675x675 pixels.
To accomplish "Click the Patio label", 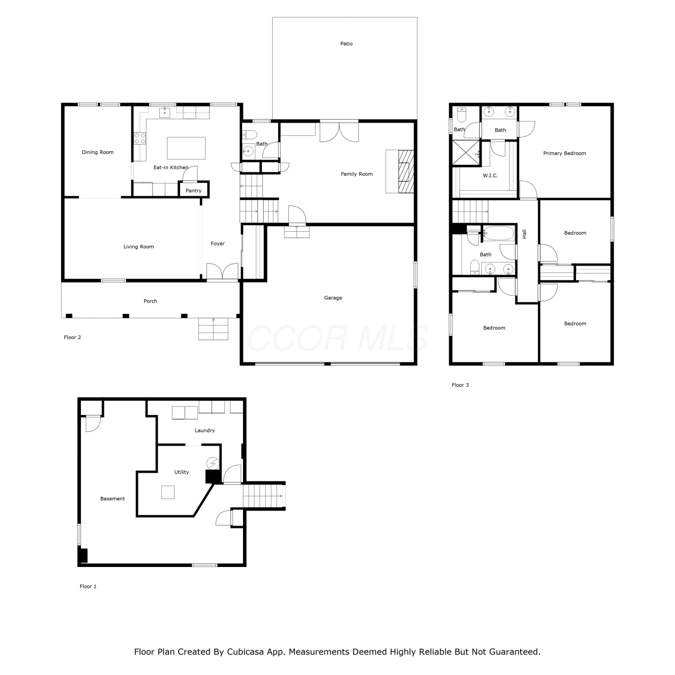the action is (x=346, y=44).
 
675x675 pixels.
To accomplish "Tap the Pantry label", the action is (x=193, y=191).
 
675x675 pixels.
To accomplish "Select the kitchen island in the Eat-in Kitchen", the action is (x=186, y=148).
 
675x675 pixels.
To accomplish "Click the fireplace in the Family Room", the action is (x=400, y=171).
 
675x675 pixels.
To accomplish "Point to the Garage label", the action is (x=333, y=298).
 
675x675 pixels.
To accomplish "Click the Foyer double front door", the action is (x=222, y=272).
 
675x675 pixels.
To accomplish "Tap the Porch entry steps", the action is (x=213, y=329).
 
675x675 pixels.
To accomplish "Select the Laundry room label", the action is (x=205, y=431).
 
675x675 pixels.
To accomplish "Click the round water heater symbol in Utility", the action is (x=212, y=463).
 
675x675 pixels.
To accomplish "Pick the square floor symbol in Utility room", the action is (x=168, y=492).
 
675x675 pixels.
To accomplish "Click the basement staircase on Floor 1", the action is (x=264, y=496).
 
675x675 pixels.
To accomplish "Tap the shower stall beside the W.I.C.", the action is (x=466, y=153).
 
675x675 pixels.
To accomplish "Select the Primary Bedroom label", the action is (x=565, y=153).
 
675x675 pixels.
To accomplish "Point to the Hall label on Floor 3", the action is (x=524, y=234).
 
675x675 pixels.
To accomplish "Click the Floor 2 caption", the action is (x=72, y=337).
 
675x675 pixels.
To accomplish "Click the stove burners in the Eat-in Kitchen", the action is (x=140, y=138).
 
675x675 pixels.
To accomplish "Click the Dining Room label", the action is (x=98, y=152).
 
